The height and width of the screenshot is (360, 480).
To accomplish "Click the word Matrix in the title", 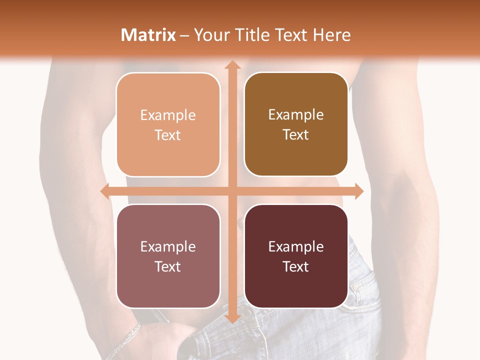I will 148,35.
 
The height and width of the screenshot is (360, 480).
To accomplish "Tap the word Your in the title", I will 211,35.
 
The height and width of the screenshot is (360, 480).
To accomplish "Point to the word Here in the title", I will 332,35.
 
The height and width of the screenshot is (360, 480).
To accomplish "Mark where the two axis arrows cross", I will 232,191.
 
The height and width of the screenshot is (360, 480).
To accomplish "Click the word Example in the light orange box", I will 168,115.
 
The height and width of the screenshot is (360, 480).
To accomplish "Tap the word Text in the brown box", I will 296,135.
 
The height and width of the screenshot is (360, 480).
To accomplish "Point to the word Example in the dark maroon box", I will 296,247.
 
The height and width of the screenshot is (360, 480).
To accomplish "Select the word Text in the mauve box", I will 168,266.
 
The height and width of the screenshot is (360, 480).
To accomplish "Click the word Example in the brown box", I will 296,115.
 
